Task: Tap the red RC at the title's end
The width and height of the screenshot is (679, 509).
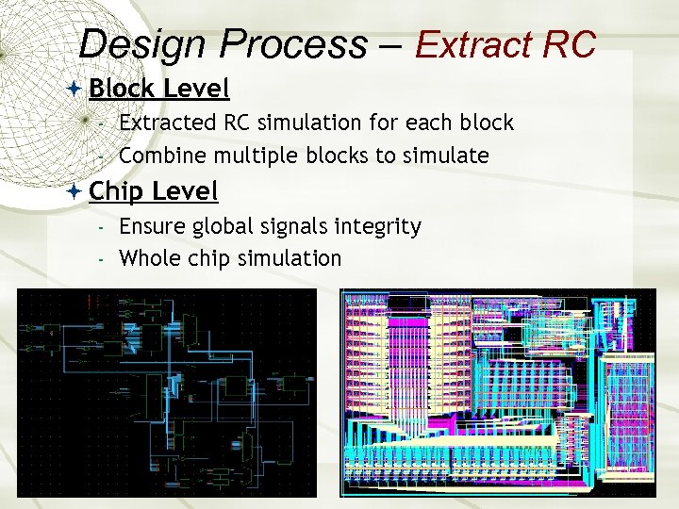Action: [570, 44]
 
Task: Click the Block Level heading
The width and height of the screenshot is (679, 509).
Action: [158, 89]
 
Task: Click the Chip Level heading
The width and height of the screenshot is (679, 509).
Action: [153, 191]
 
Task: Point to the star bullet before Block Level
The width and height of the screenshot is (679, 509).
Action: [75, 89]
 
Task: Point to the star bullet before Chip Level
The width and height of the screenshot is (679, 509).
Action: [75, 191]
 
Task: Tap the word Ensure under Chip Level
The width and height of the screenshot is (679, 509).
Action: [150, 226]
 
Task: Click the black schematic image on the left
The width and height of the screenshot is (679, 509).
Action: [167, 392]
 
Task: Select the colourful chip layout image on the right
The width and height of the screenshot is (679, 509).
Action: [498, 392]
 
